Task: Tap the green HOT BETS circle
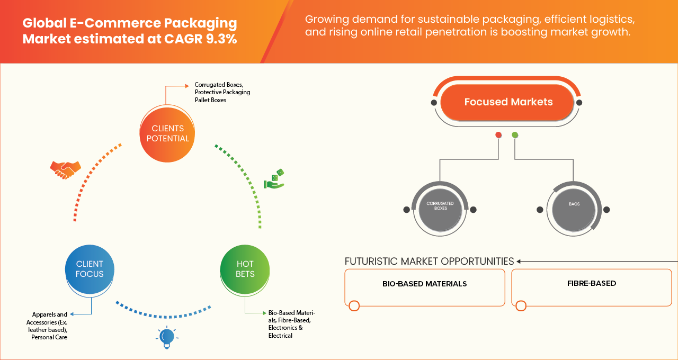[245, 269]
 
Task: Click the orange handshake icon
[65, 169]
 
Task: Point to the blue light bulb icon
[167, 337]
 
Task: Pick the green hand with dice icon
[274, 179]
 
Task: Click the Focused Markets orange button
[507, 102]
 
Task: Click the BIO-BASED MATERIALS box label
[424, 284]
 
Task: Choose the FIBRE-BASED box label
[591, 283]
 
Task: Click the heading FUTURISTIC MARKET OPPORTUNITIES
[429, 262]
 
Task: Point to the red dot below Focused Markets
[498, 135]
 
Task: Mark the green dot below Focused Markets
[515, 135]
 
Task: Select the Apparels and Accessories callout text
[48, 326]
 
